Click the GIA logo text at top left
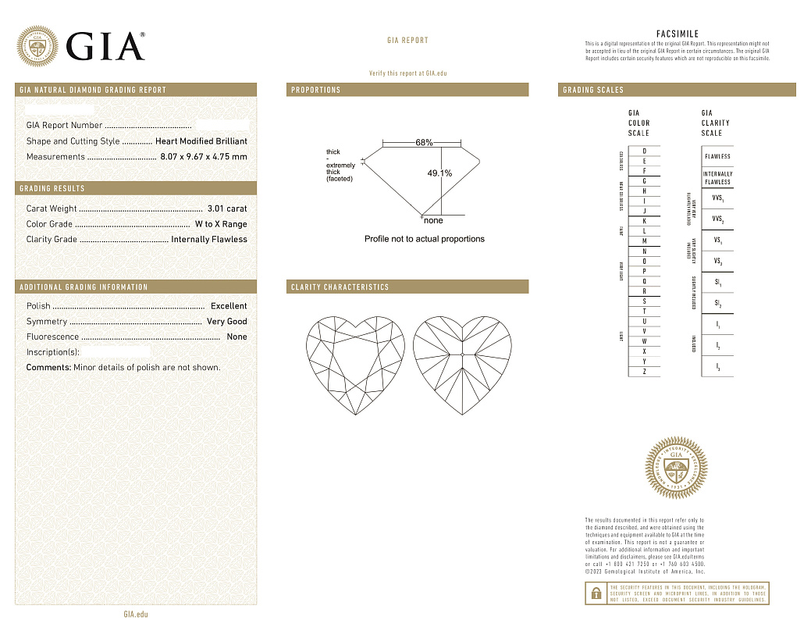pyautogui.click(x=105, y=47)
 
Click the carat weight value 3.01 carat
pyautogui.click(x=227, y=208)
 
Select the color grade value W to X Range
pyautogui.click(x=221, y=224)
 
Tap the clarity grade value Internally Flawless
pyautogui.click(x=209, y=240)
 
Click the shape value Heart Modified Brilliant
pyautogui.click(x=201, y=141)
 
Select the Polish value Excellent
pyautogui.click(x=229, y=306)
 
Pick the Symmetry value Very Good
pyautogui.click(x=226, y=322)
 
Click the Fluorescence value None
pyautogui.click(x=237, y=337)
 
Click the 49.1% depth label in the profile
pyautogui.click(x=439, y=173)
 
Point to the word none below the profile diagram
pyautogui.click(x=432, y=221)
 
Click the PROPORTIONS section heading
pyautogui.click(x=316, y=90)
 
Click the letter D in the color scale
pyautogui.click(x=644, y=151)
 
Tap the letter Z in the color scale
pyautogui.click(x=644, y=372)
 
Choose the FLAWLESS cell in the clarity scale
pyautogui.click(x=717, y=156)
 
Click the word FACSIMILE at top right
pyautogui.click(x=677, y=34)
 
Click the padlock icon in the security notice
pyautogui.click(x=596, y=593)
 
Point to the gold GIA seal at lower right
pyautogui.click(x=676, y=468)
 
